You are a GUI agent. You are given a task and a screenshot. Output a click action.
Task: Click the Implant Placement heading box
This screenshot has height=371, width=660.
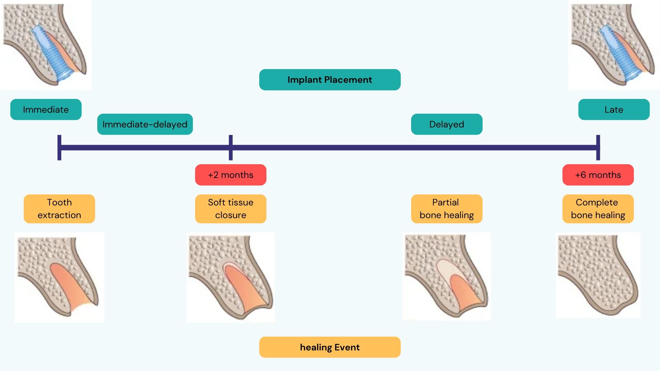click(330, 80)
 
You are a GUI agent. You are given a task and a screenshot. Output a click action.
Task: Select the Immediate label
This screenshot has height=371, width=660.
click(46, 110)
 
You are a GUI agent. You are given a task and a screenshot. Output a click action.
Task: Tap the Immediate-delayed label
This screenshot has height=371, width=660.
click(145, 124)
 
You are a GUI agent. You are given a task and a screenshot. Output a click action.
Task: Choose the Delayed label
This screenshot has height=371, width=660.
click(447, 124)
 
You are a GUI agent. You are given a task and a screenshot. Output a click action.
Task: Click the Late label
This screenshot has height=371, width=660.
click(614, 110)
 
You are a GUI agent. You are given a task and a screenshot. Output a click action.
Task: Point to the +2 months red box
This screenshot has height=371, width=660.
click(231, 175)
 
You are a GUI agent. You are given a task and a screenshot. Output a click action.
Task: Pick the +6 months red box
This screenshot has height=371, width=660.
click(598, 175)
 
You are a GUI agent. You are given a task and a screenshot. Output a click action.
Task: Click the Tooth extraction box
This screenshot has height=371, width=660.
click(59, 209)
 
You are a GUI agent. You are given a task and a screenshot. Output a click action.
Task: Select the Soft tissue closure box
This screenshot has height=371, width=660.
click(231, 209)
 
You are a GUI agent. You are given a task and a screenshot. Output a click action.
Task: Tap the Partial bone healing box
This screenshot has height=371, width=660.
click(447, 209)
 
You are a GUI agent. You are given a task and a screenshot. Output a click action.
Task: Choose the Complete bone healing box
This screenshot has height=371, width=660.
click(598, 209)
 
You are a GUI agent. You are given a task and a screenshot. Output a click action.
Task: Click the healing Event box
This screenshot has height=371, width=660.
click(330, 347)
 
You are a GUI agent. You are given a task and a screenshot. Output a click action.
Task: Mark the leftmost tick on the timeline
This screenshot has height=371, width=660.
click(59, 148)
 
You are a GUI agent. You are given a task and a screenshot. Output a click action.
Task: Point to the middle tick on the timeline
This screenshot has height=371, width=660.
click(231, 148)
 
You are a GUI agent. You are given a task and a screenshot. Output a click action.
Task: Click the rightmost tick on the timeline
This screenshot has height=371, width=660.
click(598, 148)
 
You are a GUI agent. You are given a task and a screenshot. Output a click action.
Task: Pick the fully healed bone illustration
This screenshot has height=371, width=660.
click(598, 275)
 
